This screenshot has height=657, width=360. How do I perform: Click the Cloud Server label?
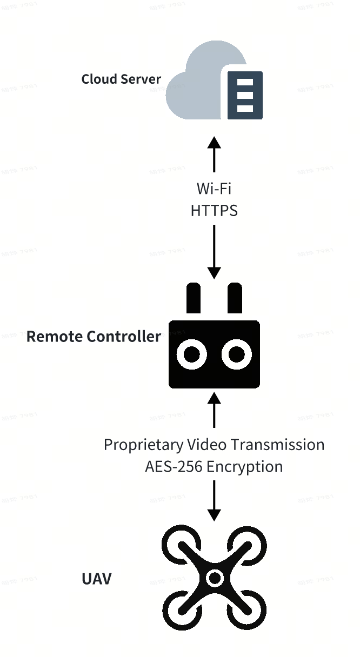click(x=121, y=79)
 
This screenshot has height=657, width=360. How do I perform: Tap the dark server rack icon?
click(x=245, y=95)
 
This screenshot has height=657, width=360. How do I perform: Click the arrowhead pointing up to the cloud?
click(x=215, y=143)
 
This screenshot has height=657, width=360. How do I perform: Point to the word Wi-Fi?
click(x=214, y=189)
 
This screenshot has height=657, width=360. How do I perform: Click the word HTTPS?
click(x=214, y=211)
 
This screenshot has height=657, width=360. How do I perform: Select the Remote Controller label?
click(x=94, y=337)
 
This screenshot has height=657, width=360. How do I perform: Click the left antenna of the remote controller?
click(x=194, y=298)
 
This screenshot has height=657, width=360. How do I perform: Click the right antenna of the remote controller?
click(x=235, y=298)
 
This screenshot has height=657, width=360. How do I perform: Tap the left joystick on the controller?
click(x=192, y=355)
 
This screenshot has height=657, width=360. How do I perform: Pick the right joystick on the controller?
click(x=236, y=355)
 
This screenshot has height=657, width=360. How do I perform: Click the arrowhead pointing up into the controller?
click(x=215, y=399)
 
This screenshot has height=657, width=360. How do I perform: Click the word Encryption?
click(x=244, y=467)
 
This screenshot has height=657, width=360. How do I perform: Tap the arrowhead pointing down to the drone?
click(x=215, y=515)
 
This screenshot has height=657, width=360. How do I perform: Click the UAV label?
click(x=96, y=579)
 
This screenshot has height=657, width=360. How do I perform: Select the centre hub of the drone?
click(x=215, y=579)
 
